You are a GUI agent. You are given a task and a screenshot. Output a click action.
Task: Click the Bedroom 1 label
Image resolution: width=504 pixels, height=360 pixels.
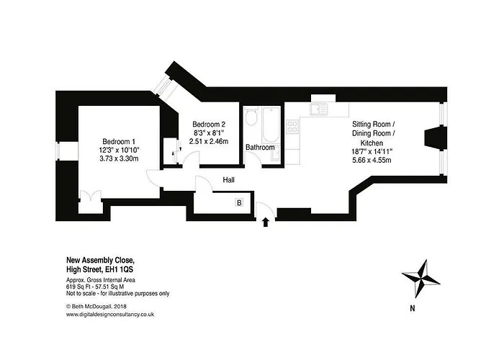[120, 140]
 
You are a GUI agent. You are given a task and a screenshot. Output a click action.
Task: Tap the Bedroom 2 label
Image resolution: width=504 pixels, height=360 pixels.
[209, 124]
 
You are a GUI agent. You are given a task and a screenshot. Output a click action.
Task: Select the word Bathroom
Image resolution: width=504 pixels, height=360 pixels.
[260, 148]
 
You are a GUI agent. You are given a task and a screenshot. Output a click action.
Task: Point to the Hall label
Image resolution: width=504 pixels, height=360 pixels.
[229, 180]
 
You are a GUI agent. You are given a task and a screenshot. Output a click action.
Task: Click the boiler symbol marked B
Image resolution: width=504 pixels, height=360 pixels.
[240, 204]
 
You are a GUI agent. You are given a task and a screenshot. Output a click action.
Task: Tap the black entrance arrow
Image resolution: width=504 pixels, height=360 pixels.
[268, 221]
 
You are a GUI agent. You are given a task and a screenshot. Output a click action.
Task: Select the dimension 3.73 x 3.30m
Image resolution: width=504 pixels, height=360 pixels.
[120, 158]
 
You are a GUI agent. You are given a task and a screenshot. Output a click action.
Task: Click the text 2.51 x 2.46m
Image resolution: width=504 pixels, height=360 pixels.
[209, 141]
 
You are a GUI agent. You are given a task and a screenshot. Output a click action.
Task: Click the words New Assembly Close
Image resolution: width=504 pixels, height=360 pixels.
[100, 259]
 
